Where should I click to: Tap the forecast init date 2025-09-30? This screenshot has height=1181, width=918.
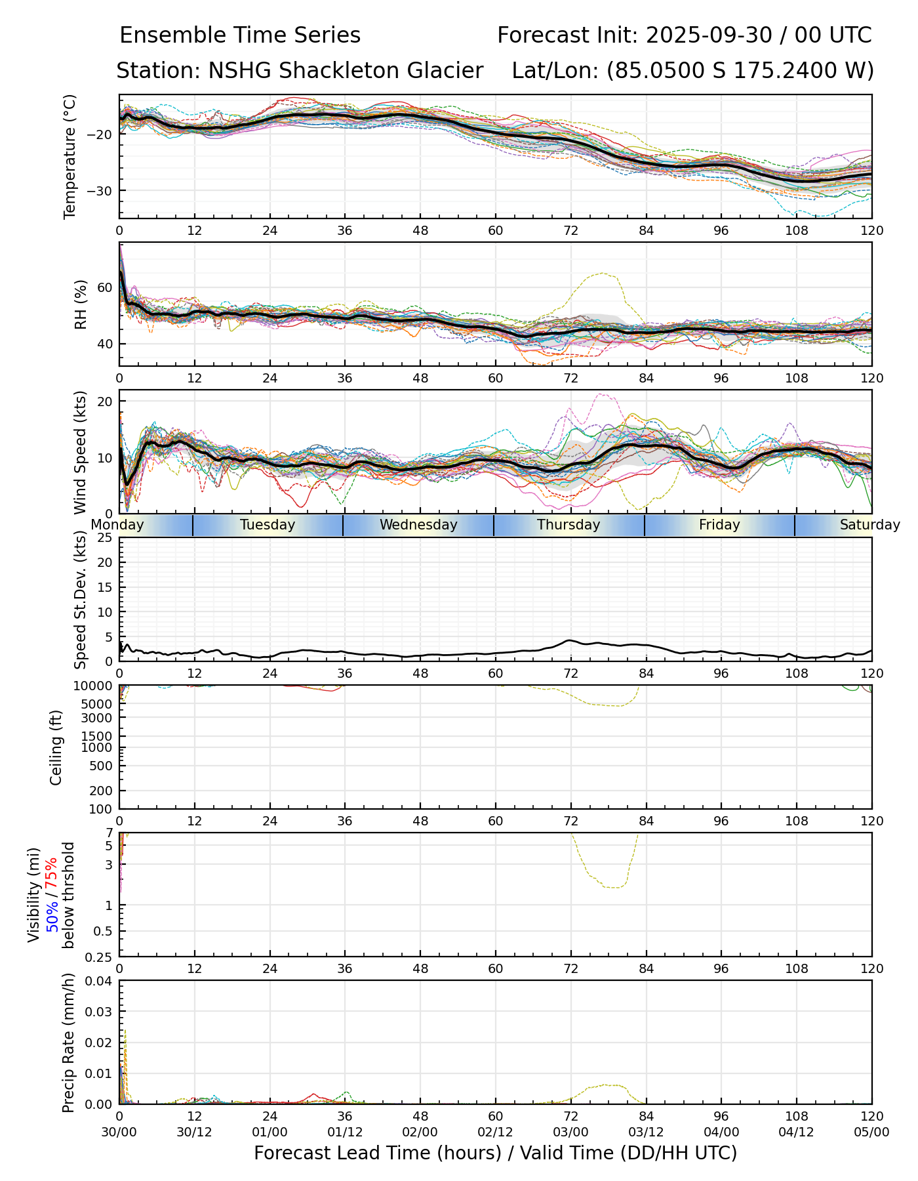tap(709, 35)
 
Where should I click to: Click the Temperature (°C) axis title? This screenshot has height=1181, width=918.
tap(70, 156)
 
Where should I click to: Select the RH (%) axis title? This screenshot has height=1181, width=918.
tap(81, 304)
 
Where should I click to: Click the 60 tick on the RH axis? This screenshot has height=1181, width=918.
tap(106, 287)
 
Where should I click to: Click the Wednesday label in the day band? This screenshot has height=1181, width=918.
tap(418, 525)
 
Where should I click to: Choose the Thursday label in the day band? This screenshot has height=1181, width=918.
tap(569, 525)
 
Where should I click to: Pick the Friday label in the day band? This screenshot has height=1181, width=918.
tap(719, 525)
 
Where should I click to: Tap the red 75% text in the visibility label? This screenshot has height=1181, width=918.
tap(52, 875)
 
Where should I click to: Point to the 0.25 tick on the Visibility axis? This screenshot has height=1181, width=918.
tap(101, 956)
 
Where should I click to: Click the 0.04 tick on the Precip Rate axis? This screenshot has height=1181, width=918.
tap(101, 981)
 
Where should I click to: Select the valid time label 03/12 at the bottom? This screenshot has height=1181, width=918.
tap(646, 1132)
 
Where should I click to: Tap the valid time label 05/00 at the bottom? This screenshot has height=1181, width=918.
tap(871, 1132)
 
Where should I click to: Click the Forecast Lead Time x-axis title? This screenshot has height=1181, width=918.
tap(495, 1153)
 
